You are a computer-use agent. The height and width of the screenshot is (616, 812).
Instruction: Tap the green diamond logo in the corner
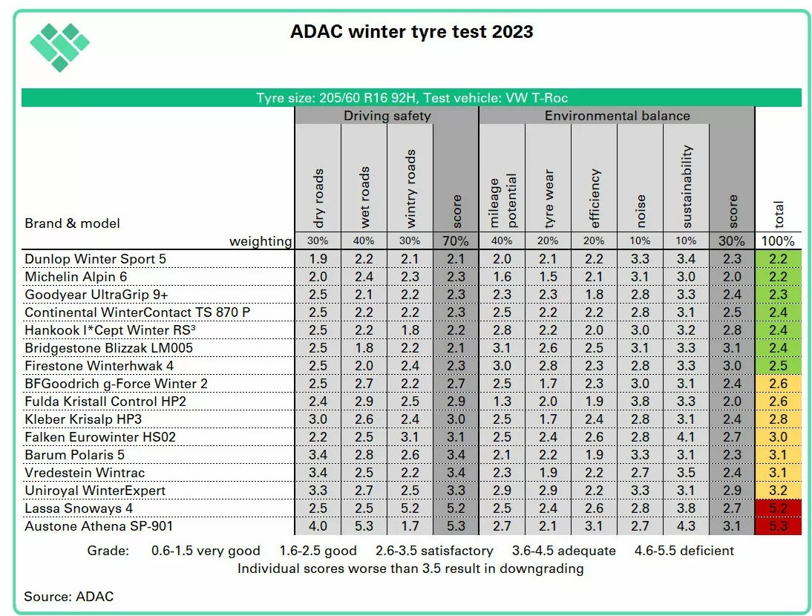pos(59,46)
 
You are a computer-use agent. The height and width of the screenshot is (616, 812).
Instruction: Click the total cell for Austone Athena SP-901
pos(778,526)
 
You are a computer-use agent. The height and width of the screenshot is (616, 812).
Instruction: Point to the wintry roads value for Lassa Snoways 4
pos(410,508)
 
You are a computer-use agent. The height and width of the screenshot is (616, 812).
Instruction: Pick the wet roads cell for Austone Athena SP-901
pos(364,526)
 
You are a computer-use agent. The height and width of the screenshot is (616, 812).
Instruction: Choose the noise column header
pos(641,211)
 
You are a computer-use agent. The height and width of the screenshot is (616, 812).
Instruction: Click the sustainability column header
pos(687,186)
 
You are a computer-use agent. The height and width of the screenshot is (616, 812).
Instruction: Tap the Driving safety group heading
pos(387,116)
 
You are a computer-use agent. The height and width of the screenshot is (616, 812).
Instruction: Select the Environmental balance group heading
pos(617,116)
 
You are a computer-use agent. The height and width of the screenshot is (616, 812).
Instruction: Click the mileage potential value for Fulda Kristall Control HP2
pos(502,402)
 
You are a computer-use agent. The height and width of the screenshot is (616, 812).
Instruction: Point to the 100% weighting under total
pos(778,241)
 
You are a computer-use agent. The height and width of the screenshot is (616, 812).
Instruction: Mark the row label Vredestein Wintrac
pos(85,473)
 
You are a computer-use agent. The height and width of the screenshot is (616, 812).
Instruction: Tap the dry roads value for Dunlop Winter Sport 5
pos(318,259)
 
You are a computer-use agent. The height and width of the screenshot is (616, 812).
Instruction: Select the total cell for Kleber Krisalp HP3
pos(778,419)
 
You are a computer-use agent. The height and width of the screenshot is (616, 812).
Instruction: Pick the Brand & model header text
pos(72,223)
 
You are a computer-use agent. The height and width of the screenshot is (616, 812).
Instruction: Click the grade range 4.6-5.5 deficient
pos(684,551)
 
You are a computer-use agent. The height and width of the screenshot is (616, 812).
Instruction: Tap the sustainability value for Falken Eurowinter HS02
pos(687,437)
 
